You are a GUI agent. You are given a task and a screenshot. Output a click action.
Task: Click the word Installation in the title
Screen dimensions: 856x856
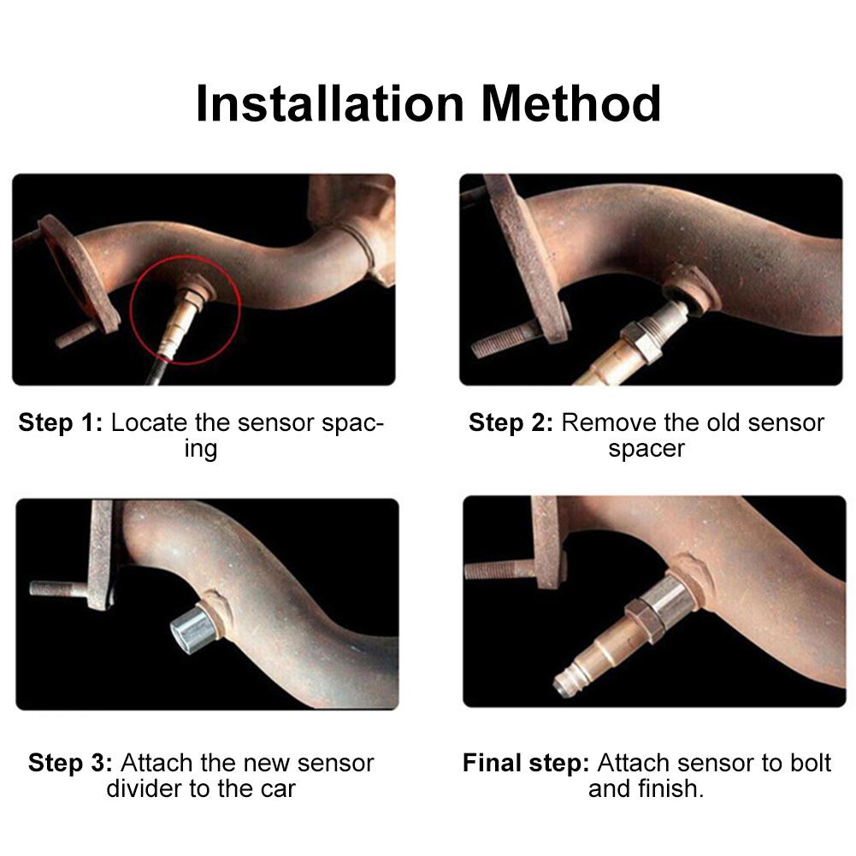330,104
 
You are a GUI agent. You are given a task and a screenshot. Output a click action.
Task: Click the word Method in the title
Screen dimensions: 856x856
570,104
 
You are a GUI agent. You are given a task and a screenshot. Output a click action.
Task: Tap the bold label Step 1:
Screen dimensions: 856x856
60,422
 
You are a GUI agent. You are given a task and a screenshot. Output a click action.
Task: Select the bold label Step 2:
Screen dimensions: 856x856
511,422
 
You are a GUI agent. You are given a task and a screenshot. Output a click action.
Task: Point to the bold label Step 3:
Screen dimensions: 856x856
70,763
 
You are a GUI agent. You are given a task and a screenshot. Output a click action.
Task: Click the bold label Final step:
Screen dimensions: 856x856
525,763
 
